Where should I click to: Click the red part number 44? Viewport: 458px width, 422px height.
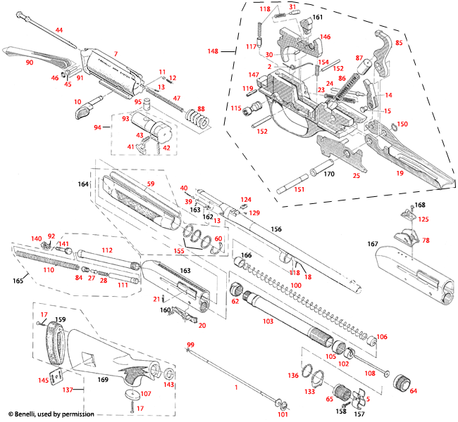click(x=58, y=30)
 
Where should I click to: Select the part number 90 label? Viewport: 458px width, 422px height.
click(x=30, y=63)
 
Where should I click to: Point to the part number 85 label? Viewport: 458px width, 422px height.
click(x=398, y=42)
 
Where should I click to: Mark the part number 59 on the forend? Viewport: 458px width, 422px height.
click(x=149, y=184)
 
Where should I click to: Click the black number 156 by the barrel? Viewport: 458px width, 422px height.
click(x=276, y=229)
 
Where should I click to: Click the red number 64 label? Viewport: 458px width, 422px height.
click(x=414, y=390)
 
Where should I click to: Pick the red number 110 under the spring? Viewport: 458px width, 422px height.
click(x=49, y=269)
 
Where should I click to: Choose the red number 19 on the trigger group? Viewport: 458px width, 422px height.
click(x=399, y=172)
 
